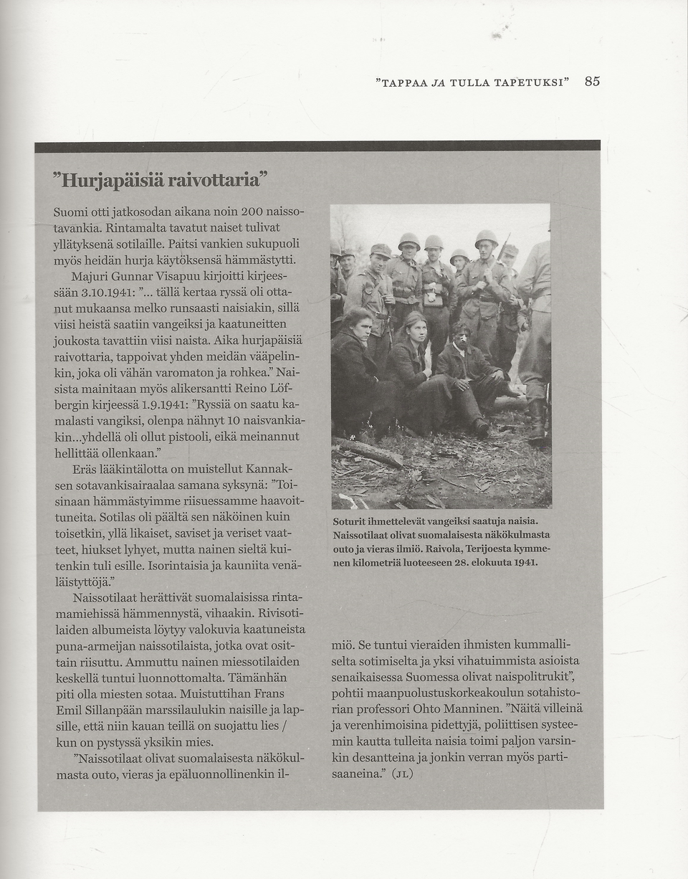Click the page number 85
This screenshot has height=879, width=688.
coord(592,81)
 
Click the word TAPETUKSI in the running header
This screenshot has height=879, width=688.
coord(530,82)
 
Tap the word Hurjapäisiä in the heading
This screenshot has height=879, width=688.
coord(108,180)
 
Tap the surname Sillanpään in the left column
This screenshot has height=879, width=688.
coord(89,711)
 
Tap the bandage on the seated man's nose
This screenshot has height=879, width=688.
coord(464,338)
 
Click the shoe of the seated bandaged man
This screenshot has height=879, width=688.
coord(481,427)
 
